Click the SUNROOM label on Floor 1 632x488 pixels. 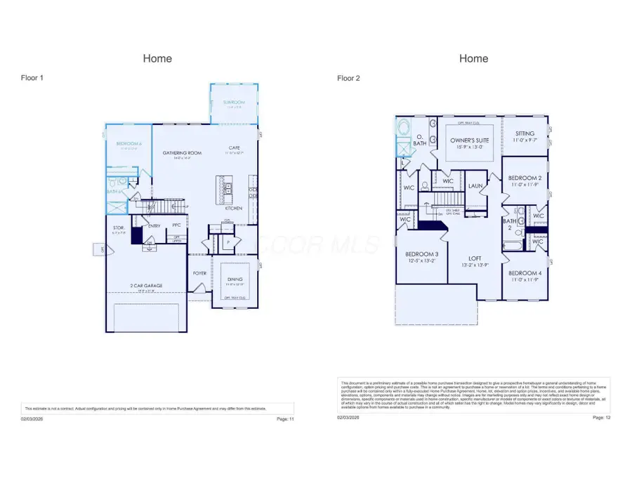(232, 103)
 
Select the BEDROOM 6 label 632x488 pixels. (129, 144)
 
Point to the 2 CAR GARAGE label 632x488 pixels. (146, 286)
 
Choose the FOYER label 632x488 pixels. (200, 273)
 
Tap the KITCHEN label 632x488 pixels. (234, 209)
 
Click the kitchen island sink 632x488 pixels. (228, 189)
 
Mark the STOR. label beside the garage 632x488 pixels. (119, 227)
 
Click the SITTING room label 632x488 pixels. (525, 133)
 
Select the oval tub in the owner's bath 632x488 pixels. (404, 129)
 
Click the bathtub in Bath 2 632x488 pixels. (513, 245)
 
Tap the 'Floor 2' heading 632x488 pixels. (348, 79)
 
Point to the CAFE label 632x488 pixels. (234, 148)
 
